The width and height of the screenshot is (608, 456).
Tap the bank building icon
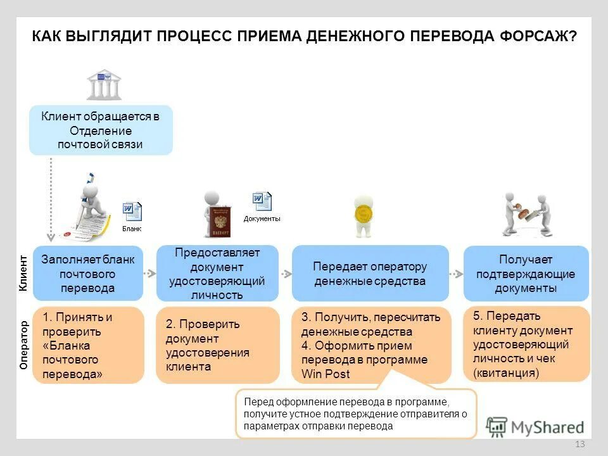[104, 85]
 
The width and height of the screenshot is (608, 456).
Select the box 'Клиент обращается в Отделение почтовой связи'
[101, 130]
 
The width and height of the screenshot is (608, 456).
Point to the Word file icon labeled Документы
[262, 202]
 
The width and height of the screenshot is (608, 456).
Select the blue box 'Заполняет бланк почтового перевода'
[88, 274]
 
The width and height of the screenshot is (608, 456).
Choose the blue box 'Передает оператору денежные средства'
[370, 274]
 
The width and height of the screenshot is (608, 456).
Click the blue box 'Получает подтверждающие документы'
[526, 274]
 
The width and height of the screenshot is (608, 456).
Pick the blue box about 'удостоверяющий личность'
[217, 274]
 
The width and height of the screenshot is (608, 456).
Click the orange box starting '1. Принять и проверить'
[88, 345]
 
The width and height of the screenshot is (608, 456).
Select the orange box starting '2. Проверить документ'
[217, 345]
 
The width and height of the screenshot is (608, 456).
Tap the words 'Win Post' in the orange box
[326, 374]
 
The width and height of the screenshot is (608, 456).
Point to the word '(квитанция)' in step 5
[506, 373]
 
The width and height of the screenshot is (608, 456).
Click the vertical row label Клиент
[23, 273]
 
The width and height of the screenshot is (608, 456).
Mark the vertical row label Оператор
[23, 345]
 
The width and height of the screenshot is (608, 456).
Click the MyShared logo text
[547, 427]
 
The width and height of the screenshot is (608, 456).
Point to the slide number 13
[579, 445]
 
